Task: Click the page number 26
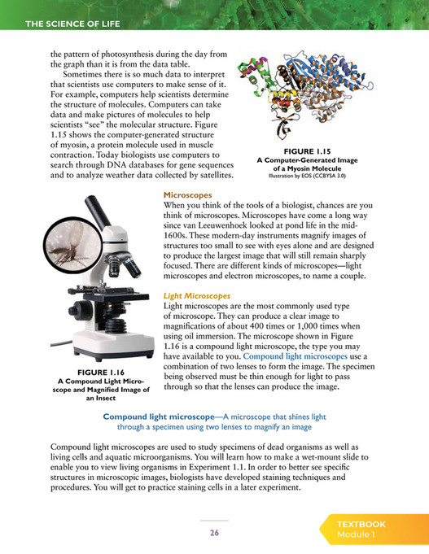pyautogui.click(x=214, y=533)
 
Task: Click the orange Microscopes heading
pyautogui.click(x=187, y=195)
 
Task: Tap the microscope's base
pyautogui.click(x=119, y=350)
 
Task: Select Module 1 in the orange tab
pyautogui.click(x=357, y=536)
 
